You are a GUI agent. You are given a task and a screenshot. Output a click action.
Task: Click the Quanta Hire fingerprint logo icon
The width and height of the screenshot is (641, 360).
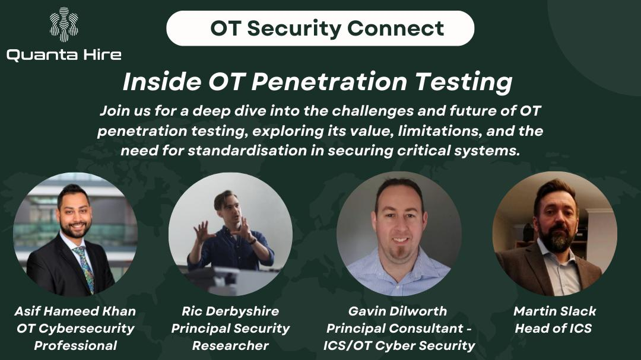(64, 24)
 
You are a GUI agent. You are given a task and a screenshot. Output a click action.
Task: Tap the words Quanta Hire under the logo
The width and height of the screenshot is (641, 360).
(64, 55)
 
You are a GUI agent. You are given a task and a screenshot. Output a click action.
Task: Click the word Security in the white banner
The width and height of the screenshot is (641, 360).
(294, 28)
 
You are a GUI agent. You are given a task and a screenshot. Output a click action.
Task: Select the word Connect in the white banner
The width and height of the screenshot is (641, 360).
(395, 28)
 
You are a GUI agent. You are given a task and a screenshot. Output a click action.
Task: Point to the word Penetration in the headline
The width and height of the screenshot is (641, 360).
(329, 81)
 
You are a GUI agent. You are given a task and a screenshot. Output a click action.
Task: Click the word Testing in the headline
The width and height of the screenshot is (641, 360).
(464, 82)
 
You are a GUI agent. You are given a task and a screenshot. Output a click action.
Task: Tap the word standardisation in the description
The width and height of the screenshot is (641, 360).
(247, 151)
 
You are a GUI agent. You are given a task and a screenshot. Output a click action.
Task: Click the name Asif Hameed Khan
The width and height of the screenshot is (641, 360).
(75, 311)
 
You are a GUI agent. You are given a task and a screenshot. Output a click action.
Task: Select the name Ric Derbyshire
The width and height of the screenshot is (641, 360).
(230, 311)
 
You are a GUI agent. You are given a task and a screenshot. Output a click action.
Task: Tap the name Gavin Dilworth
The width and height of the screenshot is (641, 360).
(397, 311)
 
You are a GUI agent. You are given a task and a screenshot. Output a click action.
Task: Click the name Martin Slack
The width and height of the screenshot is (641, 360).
(555, 311)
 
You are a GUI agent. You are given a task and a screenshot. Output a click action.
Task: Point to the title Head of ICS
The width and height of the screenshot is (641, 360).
(553, 328)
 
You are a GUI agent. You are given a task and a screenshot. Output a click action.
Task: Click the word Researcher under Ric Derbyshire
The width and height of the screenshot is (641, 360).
(230, 345)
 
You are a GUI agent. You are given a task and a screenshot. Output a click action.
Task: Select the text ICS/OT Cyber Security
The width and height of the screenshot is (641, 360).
(399, 346)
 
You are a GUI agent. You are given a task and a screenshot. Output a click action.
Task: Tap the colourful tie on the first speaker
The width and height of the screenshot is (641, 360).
(85, 267)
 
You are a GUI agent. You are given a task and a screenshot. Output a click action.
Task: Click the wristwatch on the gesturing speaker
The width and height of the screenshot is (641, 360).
(253, 241)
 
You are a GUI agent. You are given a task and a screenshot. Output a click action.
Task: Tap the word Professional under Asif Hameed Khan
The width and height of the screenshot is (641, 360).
(75, 345)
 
